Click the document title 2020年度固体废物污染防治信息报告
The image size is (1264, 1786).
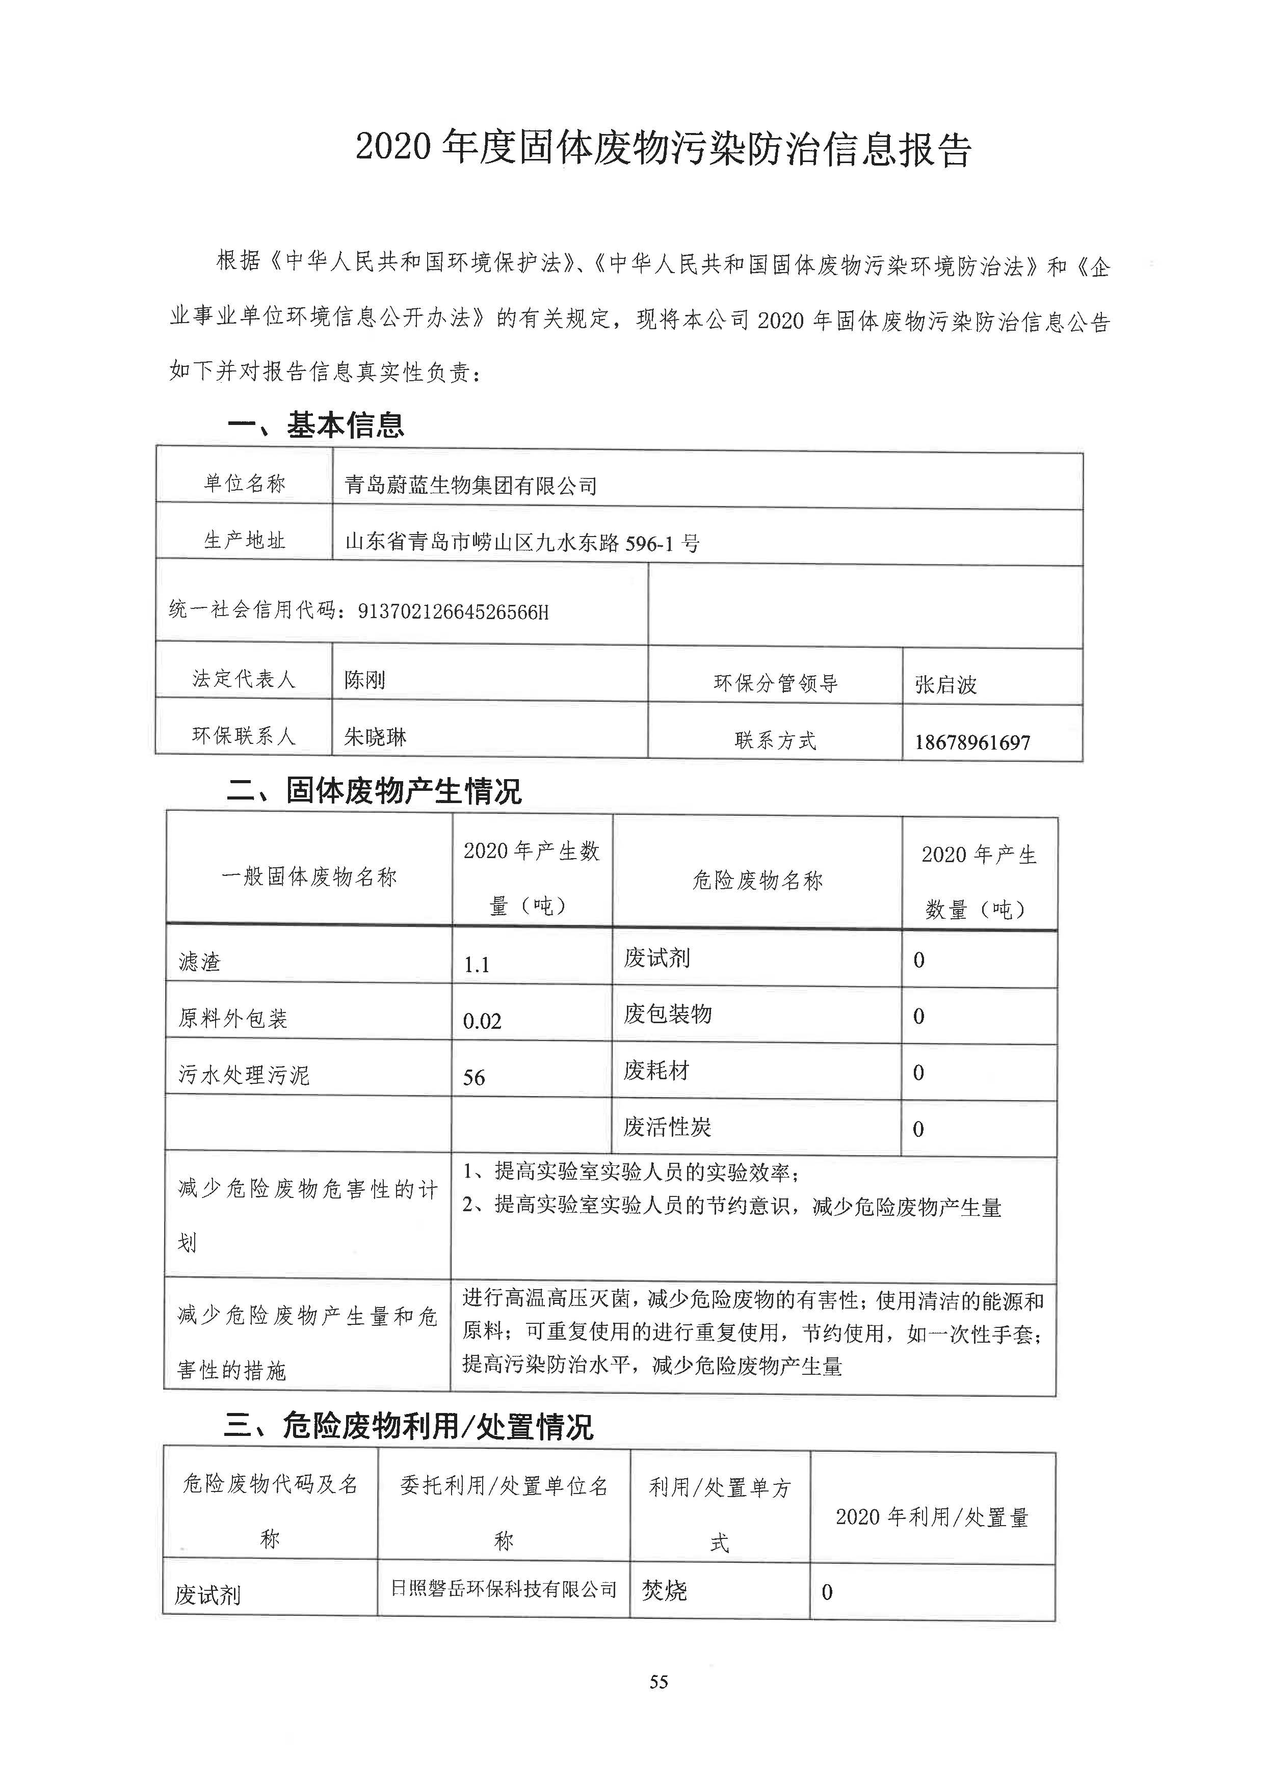tap(663, 148)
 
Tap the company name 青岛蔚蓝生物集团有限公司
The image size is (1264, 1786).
tap(471, 486)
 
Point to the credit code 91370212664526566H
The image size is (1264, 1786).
tap(453, 611)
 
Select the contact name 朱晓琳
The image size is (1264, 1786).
tap(375, 736)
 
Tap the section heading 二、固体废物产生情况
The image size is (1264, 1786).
tap(374, 791)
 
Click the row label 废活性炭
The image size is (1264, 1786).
tap(667, 1127)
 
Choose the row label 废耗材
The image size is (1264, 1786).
tap(656, 1071)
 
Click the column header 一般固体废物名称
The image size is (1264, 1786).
tap(309, 877)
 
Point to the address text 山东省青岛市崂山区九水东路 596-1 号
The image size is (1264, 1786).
tap(521, 542)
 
